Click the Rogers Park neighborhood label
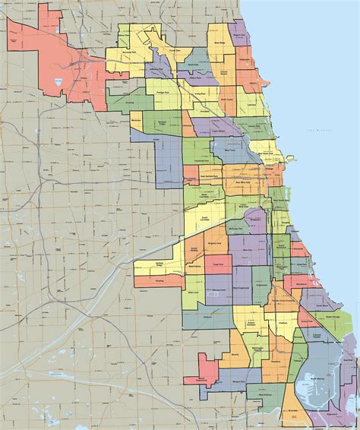coord(241,34)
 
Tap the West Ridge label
coord(219,43)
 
